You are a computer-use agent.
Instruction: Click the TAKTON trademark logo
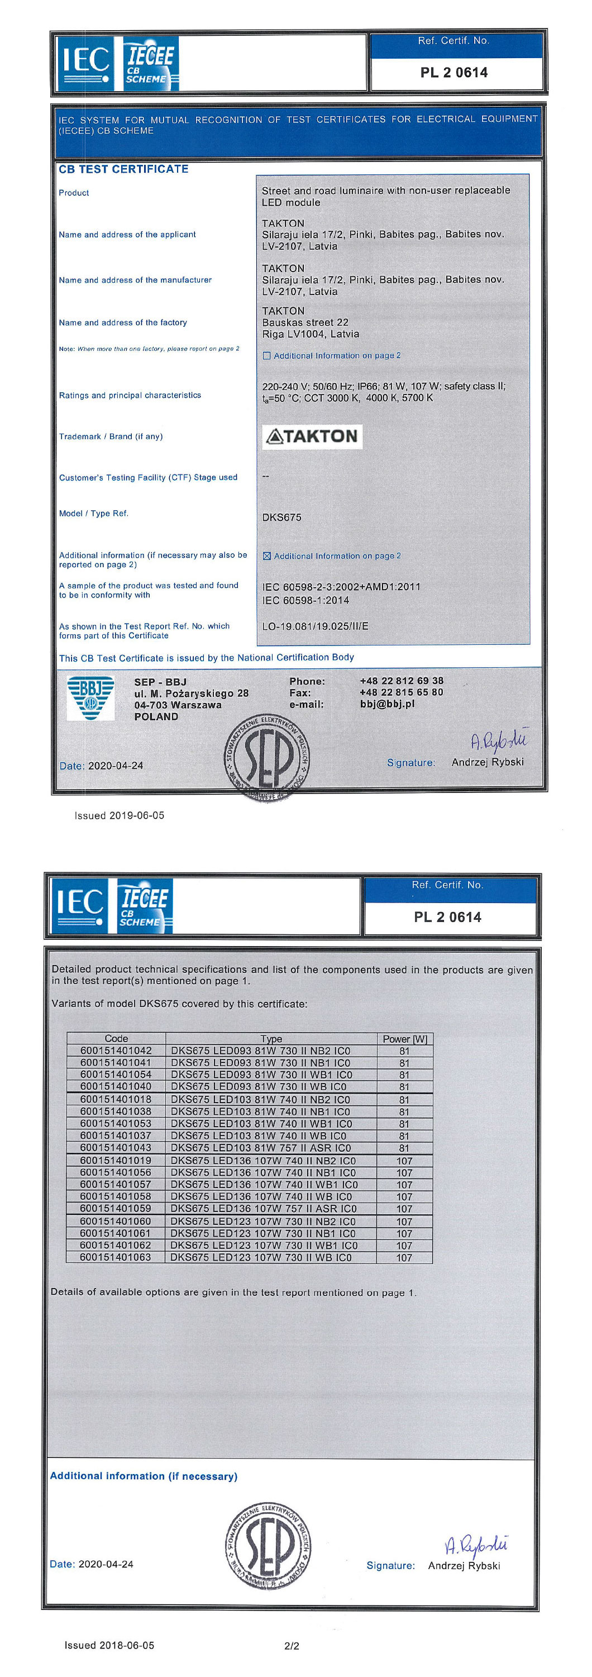[312, 436]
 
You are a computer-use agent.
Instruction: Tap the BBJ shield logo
[90, 697]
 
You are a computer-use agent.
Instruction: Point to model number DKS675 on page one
[281, 517]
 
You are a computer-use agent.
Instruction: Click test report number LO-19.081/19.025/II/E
[315, 626]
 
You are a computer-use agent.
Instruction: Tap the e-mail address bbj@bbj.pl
[387, 704]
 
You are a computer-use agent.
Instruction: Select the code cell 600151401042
[116, 1051]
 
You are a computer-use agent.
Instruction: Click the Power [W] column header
[405, 1039]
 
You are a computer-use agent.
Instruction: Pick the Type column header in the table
[271, 1039]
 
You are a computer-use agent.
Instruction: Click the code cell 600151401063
[115, 1257]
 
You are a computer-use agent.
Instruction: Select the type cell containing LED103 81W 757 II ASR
[260, 1148]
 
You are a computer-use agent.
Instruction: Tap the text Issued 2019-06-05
[119, 816]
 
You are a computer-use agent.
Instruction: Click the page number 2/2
[292, 1646]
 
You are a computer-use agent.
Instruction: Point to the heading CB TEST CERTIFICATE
[123, 169]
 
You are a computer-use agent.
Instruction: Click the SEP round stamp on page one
[267, 757]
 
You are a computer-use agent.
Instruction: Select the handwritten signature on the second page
[475, 1544]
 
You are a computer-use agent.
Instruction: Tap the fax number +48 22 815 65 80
[402, 692]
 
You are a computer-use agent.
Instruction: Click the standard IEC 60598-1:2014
[305, 600]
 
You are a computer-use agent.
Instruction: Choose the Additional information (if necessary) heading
[144, 1476]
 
